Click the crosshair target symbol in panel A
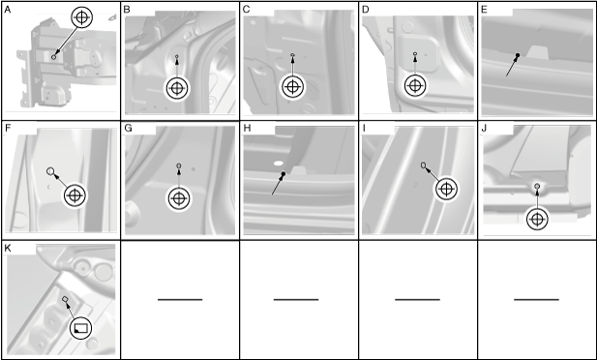(81, 17)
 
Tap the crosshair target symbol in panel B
(177, 88)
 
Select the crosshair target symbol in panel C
(292, 87)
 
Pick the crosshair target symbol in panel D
(415, 86)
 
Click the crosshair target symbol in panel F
(75, 195)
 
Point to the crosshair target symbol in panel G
(179, 198)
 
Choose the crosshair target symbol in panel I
(446, 189)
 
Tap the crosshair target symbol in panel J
(537, 219)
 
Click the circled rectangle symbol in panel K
(80, 328)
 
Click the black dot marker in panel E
(518, 55)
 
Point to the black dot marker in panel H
(284, 174)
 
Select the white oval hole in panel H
(279, 163)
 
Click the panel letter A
(7, 10)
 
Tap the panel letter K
(7, 249)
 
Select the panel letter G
(128, 128)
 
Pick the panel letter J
(484, 128)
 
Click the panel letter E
(485, 10)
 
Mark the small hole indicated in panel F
(50, 171)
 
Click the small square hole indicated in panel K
(65, 299)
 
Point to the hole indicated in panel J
(537, 186)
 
